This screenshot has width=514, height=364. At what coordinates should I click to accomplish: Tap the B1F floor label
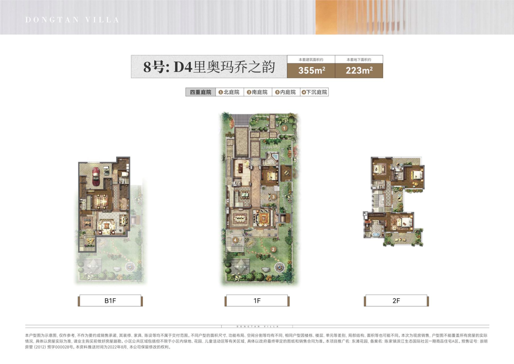110,301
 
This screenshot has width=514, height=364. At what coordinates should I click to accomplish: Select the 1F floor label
257,301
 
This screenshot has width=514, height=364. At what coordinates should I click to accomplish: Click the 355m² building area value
311,71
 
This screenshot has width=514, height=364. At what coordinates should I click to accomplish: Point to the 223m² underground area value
359,71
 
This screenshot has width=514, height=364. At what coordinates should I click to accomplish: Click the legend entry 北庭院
229,92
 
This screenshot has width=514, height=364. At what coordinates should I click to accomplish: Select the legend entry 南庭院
257,92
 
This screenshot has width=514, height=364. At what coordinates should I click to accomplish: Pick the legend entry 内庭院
286,92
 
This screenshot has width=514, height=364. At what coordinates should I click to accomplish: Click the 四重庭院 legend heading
199,92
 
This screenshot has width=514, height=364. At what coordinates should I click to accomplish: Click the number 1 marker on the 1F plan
283,128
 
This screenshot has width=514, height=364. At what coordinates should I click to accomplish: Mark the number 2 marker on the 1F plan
273,249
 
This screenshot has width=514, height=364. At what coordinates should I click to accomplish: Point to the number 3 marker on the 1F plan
274,196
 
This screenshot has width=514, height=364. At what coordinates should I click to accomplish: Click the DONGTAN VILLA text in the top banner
72,20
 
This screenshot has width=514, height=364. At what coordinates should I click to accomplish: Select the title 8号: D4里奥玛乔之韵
209,67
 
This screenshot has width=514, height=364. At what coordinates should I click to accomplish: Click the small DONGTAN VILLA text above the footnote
257,322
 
